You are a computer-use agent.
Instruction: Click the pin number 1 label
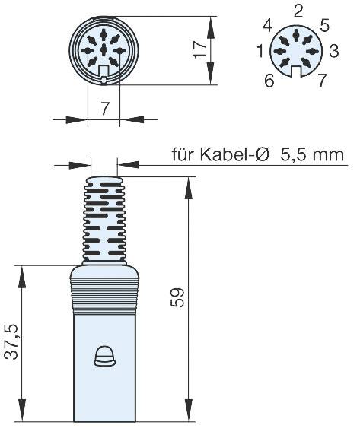(x=261, y=52)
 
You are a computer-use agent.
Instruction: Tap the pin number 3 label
(x=333, y=52)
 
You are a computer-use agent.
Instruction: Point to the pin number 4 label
(x=267, y=27)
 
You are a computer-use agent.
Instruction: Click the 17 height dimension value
(x=200, y=50)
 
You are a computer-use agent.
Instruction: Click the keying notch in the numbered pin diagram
(x=298, y=72)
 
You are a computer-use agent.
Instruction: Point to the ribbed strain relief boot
(x=102, y=221)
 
